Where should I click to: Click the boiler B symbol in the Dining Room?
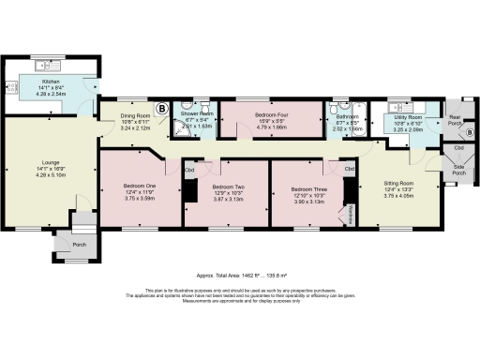[x=161, y=109]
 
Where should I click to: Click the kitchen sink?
[x=43, y=68]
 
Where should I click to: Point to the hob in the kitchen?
[x=15, y=91]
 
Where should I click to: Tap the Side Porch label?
[x=459, y=171]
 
